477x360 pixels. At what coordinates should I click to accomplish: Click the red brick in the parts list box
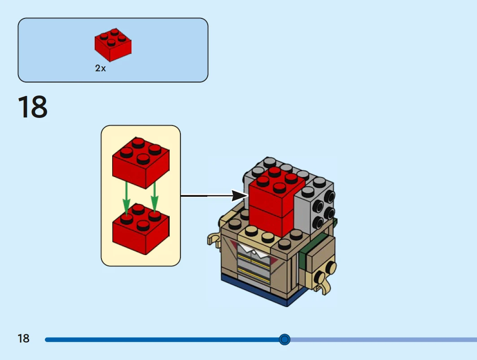click(x=113, y=45)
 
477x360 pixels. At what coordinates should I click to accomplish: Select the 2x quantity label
click(x=101, y=69)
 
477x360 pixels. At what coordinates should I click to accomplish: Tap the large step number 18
click(x=33, y=108)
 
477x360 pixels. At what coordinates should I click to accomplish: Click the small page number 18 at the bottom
click(x=23, y=338)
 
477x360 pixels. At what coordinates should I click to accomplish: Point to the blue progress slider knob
click(x=284, y=339)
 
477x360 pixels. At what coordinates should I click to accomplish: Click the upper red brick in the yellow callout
click(x=140, y=162)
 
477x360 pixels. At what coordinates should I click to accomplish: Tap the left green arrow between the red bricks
click(x=127, y=197)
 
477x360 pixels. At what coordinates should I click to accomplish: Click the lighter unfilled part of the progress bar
click(x=381, y=339)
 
